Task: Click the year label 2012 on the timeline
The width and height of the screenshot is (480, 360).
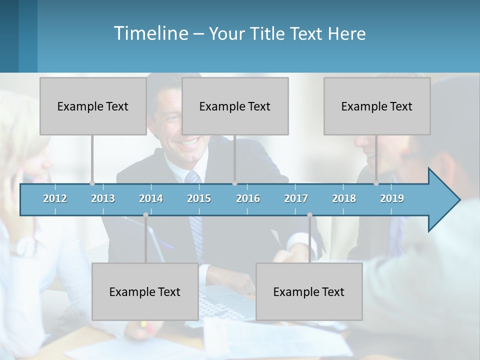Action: tap(55, 198)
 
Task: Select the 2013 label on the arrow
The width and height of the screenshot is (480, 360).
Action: tap(103, 198)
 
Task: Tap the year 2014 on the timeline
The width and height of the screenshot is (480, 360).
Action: tap(151, 198)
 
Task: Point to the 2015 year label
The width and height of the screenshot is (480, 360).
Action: tap(199, 198)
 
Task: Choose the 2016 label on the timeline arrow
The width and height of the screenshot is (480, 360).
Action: tap(248, 198)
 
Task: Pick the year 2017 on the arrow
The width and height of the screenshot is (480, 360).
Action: tap(296, 198)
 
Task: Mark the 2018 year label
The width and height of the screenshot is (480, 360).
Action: tap(344, 198)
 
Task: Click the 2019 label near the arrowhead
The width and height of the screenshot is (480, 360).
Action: tap(392, 198)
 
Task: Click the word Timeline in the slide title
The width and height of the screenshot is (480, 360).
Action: tap(150, 33)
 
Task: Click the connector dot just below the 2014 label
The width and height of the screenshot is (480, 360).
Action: tap(145, 215)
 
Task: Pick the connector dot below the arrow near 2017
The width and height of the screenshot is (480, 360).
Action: tap(309, 215)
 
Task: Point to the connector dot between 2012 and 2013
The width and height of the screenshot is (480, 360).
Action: tap(92, 183)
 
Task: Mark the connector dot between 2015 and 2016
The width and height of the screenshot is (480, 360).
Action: tap(234, 183)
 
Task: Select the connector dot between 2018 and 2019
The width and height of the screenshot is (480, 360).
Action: tap(376, 183)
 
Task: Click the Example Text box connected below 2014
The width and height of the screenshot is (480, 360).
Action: tap(145, 291)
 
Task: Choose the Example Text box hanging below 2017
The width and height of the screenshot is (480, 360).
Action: tap(309, 291)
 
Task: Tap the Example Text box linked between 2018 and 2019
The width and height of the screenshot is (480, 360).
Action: tap(377, 106)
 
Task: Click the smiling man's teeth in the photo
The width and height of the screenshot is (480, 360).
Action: tap(189, 142)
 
